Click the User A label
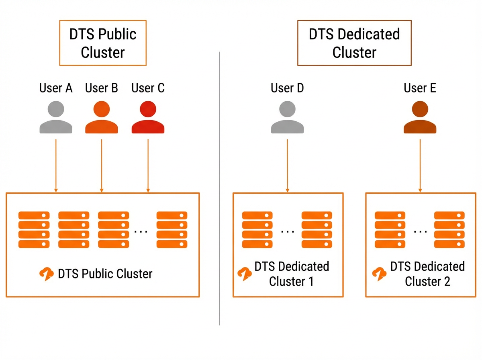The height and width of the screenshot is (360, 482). tap(56, 88)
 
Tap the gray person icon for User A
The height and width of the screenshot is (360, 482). tap(56, 117)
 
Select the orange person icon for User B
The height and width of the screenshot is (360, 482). tap(102, 117)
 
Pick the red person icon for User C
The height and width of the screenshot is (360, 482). tap(148, 117)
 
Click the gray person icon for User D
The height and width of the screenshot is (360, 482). tap(287, 117)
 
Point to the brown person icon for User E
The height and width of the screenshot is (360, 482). tap(420, 117)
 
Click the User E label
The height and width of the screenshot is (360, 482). tap(420, 88)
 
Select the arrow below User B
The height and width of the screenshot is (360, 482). tap(102, 166)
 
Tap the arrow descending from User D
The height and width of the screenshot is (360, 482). tap(287, 166)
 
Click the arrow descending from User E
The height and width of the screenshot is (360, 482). tap(420, 166)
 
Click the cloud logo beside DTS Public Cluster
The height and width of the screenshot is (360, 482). tap(46, 274)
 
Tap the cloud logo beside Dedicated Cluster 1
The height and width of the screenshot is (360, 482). tap(245, 274)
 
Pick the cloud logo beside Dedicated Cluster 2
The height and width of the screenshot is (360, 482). tap(379, 274)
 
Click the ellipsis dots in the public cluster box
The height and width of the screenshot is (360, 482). tap(141, 231)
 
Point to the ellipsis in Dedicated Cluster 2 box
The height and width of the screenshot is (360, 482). tap(420, 231)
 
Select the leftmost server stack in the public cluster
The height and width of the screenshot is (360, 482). tap(34, 230)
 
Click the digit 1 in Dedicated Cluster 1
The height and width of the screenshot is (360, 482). tap(311, 281)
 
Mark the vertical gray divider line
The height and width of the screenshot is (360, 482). tap(219, 188)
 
